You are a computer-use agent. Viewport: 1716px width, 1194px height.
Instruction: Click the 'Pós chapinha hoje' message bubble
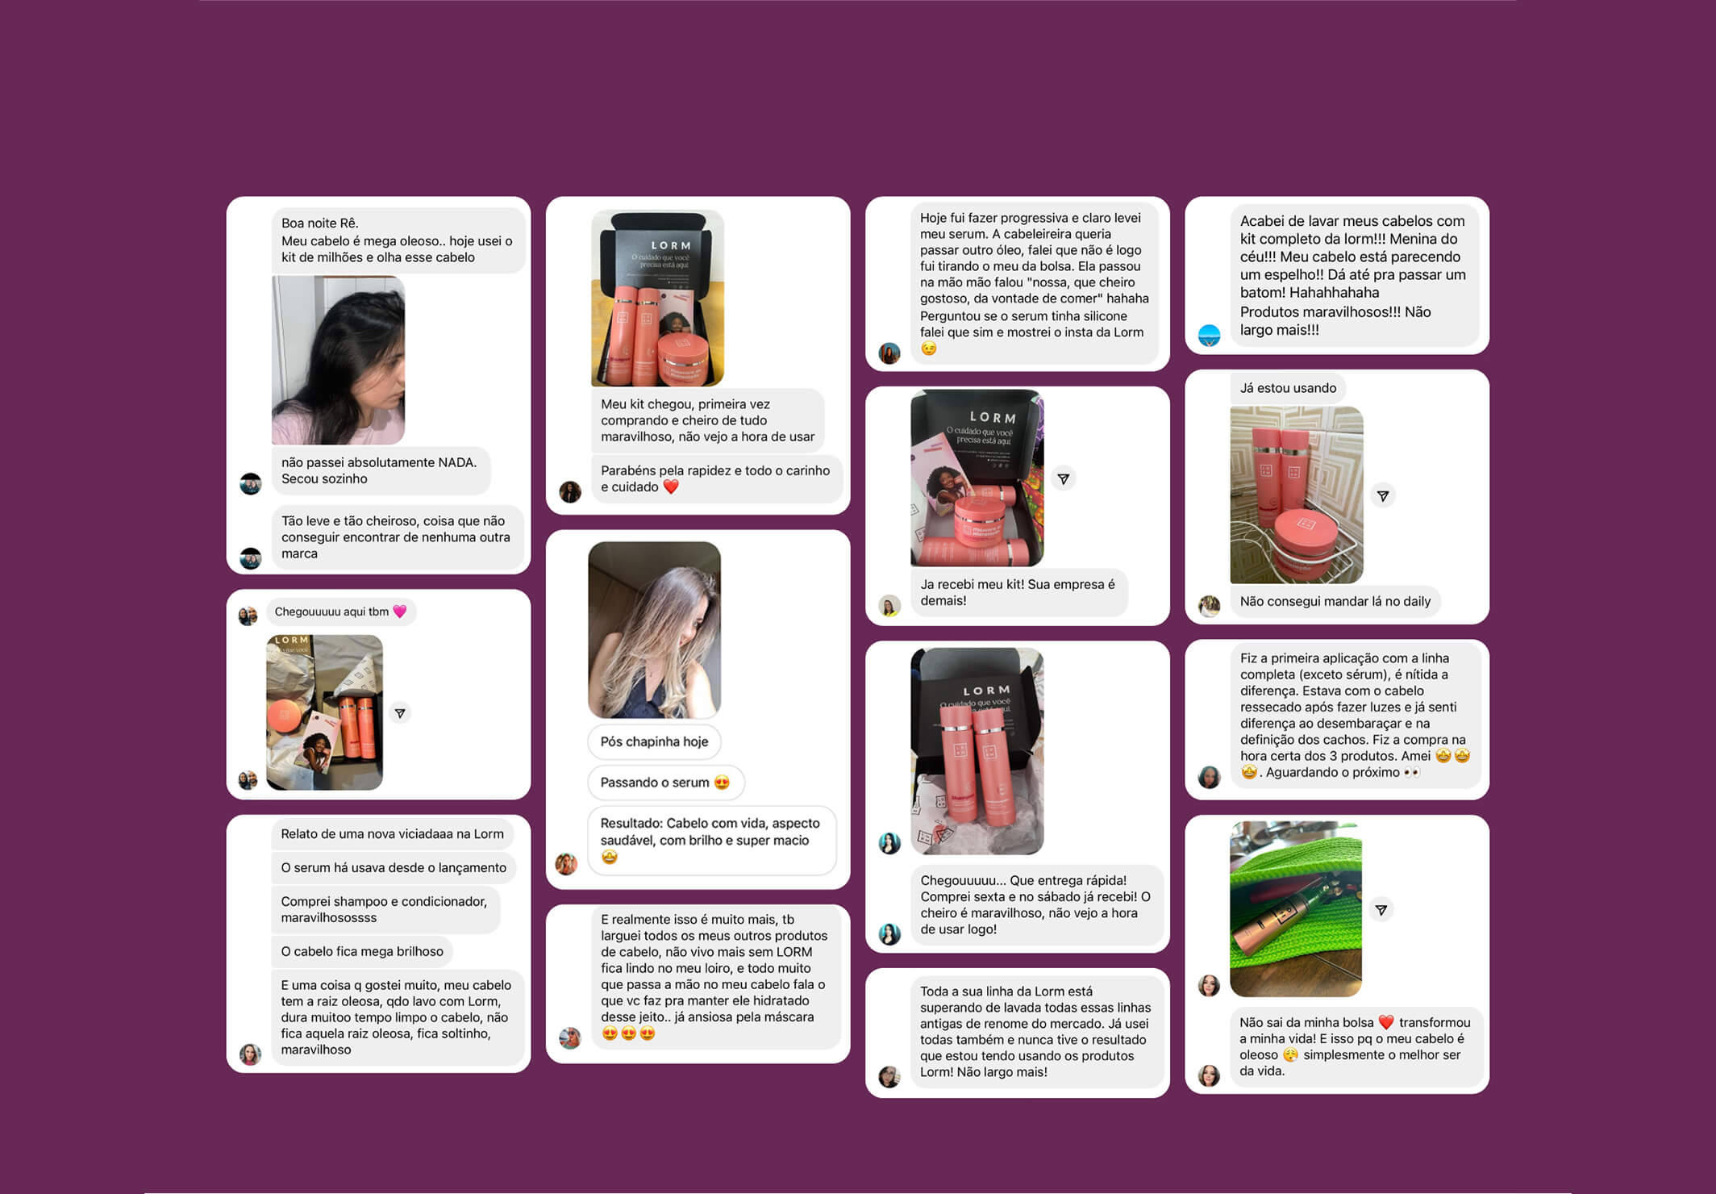point(654,741)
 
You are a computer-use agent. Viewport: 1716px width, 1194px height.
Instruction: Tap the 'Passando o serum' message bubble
point(665,782)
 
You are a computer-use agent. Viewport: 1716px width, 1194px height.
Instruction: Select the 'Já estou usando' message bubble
point(1288,388)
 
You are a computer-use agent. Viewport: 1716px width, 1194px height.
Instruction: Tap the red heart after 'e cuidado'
point(671,486)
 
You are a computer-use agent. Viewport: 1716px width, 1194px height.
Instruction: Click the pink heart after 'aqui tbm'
point(400,612)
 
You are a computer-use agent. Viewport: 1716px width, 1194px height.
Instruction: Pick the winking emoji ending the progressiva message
point(929,349)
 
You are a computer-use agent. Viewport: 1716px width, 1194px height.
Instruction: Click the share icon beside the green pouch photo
point(1381,910)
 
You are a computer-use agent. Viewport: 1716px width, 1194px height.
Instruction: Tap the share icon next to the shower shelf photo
point(1383,495)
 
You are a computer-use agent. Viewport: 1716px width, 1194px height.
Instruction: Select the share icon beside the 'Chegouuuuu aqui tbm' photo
point(400,713)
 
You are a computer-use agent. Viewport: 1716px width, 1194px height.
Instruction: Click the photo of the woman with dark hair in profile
point(339,360)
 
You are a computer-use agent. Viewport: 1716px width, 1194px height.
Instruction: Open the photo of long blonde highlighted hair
point(655,629)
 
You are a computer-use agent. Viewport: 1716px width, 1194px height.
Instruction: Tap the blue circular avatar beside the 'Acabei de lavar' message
point(1209,335)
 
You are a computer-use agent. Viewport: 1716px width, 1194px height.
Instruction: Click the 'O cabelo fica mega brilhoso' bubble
point(362,951)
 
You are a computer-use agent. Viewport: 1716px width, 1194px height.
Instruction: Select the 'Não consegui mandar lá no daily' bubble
point(1335,601)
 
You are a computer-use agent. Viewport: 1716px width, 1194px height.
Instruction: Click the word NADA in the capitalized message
point(457,462)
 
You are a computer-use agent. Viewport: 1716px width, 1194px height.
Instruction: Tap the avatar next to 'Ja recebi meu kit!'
point(889,605)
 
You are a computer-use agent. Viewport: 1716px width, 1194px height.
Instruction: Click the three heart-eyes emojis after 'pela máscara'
point(629,1033)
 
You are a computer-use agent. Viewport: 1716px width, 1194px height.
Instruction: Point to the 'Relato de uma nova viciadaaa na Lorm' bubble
point(393,834)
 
